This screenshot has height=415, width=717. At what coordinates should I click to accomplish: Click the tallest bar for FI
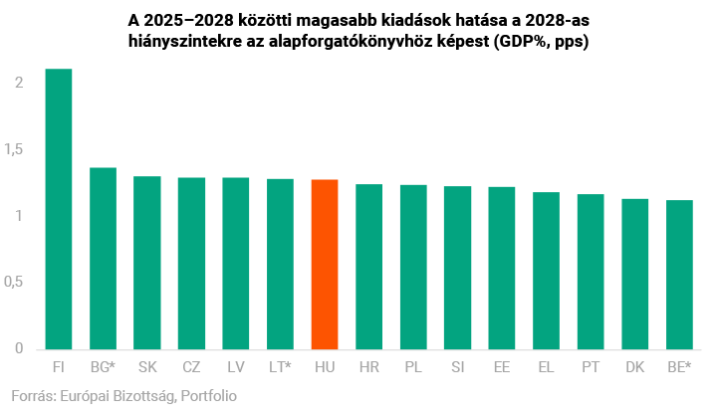[59, 209]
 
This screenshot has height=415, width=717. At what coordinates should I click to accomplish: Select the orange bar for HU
[325, 265]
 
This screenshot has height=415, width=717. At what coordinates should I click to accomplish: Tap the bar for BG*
[103, 259]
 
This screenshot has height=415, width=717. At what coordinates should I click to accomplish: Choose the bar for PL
[413, 267]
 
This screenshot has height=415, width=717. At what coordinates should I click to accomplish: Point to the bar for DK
[635, 274]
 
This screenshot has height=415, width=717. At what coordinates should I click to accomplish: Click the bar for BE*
[679, 275]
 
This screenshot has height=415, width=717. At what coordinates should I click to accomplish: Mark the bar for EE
[502, 268]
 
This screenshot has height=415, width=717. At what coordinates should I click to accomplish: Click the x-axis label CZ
[191, 367]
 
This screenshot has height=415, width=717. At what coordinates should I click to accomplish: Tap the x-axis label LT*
[280, 367]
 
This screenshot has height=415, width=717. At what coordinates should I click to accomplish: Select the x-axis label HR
[368, 367]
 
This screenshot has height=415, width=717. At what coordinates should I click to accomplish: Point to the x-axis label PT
[591, 367]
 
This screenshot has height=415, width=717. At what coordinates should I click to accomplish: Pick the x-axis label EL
[546, 367]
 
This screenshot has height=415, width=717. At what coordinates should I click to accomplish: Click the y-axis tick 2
[19, 83]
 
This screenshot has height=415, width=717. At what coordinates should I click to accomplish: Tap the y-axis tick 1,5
[14, 149]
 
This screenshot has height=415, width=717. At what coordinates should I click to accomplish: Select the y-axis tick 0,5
[14, 283]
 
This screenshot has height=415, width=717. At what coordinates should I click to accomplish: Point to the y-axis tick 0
[19, 349]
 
